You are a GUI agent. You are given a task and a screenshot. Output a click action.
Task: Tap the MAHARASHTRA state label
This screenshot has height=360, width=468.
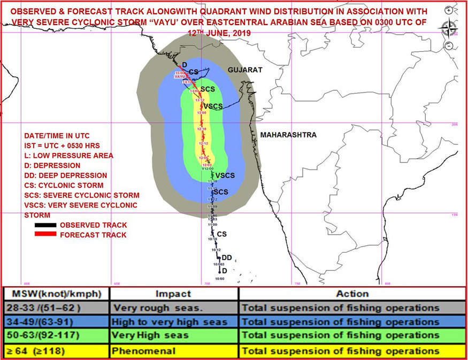coord(288,135)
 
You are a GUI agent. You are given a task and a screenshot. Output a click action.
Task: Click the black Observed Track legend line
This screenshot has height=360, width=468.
coord(44,225)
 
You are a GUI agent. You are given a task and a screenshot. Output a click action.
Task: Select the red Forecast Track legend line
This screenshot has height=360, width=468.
coord(44,235)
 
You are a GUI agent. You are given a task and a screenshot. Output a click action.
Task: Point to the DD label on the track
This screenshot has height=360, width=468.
coord(227,258)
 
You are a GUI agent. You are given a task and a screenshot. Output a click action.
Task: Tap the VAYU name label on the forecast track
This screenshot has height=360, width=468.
coord(180,76)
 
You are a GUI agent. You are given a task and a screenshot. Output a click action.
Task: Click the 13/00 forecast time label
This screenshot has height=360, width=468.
coord(202,113)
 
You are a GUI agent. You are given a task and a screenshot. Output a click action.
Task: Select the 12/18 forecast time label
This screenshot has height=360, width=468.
coord(202,129)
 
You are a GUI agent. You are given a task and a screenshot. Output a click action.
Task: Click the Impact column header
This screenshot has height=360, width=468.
coord(173,294)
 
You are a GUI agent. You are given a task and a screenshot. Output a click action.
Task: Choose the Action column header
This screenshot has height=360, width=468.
coord(352,294)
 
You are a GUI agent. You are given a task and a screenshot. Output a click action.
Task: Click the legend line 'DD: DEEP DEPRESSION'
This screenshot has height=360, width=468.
coord(66,175)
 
